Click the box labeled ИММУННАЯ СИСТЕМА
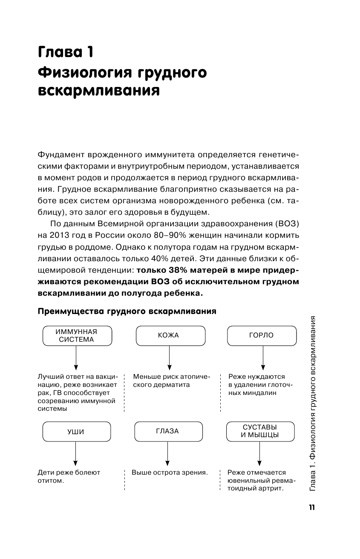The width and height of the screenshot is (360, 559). (77, 335)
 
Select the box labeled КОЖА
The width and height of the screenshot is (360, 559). (168, 335)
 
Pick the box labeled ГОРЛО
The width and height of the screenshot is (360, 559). (261, 335)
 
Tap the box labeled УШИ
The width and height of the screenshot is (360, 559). (76, 431)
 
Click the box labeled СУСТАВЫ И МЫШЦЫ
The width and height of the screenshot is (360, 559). (260, 431)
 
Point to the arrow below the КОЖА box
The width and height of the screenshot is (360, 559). (170, 358)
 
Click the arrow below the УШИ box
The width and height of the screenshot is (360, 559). (76, 454)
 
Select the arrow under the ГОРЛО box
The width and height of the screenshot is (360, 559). (262, 358)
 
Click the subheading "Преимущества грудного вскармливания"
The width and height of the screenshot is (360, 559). (127, 311)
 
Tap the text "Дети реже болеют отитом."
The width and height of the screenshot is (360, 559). (69, 477)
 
